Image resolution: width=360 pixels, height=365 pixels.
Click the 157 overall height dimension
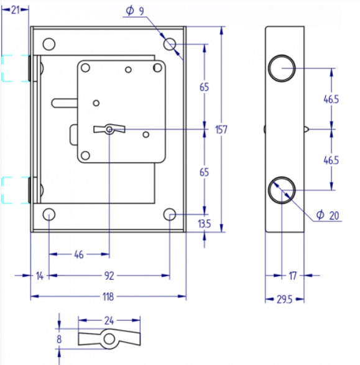(x=221, y=129)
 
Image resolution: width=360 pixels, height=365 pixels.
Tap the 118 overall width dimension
(x=108, y=297)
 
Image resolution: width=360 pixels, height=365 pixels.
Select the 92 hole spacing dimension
(x=109, y=276)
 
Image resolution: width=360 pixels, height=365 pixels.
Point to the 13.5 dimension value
(x=204, y=224)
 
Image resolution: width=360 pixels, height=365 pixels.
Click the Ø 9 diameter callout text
(x=135, y=11)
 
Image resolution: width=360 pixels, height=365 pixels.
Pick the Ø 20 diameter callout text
(x=328, y=215)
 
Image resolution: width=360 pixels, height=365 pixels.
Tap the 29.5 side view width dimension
(x=284, y=299)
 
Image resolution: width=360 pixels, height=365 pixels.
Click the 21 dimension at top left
(x=15, y=10)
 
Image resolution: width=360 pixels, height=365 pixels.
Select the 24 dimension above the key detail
(x=109, y=321)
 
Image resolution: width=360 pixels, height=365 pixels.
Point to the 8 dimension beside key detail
(x=59, y=339)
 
